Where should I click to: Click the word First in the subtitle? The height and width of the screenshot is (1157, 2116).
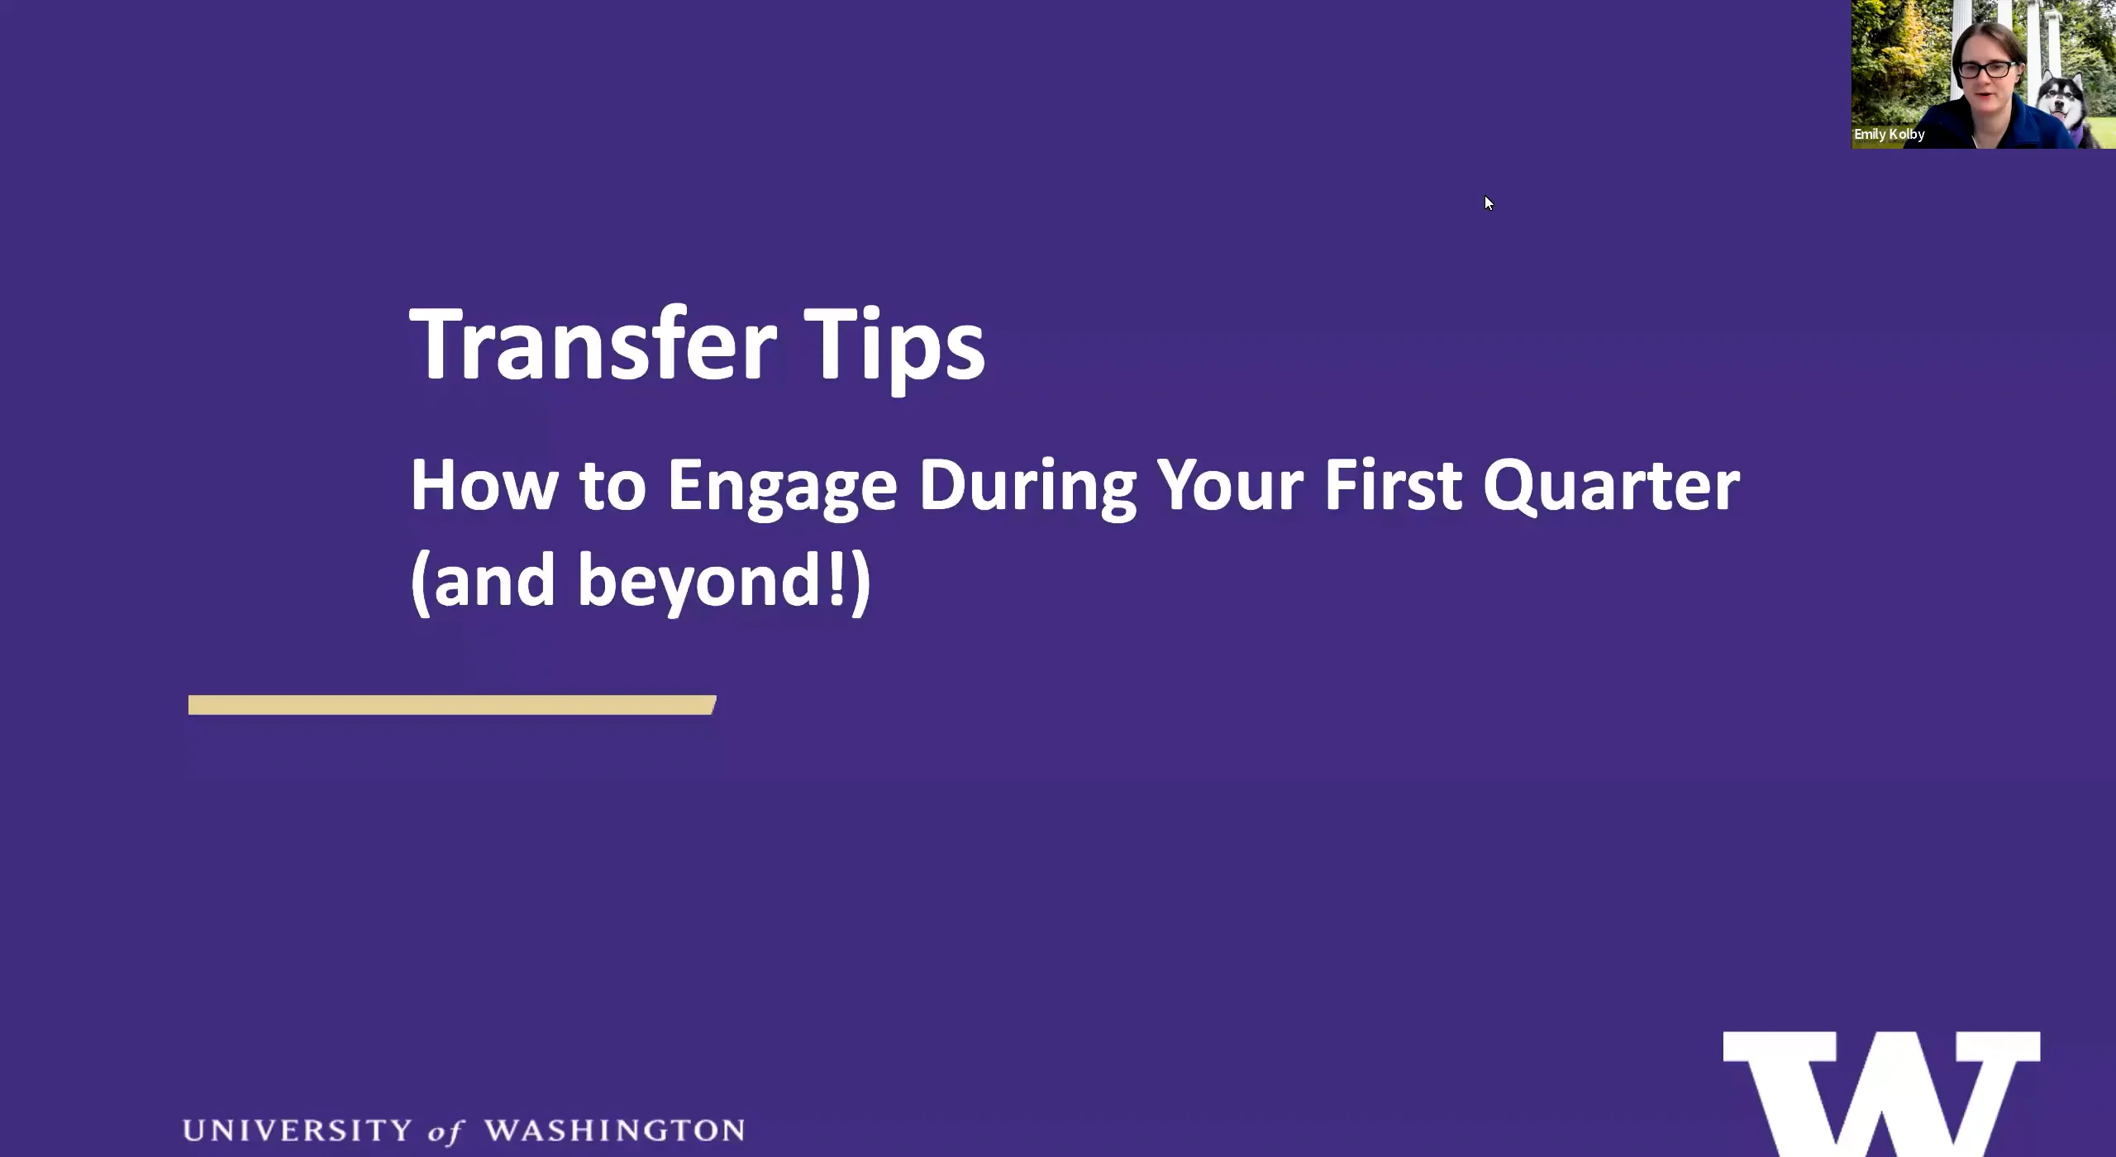point(1393,485)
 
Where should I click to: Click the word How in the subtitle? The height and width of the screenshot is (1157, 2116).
point(484,485)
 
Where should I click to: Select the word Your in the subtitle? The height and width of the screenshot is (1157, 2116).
point(1231,485)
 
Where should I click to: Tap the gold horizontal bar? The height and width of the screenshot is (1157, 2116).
point(451,705)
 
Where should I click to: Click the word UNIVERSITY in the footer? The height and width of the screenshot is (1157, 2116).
point(296,1131)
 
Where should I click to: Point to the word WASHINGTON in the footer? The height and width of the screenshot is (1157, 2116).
point(614,1131)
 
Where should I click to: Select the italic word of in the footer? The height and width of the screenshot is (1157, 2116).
point(446,1132)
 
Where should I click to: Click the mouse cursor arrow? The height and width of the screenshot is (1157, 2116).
point(1488,202)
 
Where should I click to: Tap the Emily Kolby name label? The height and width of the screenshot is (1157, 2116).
point(1889,134)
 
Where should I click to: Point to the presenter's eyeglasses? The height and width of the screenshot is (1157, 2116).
point(1985,69)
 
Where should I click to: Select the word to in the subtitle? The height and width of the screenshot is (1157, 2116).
point(612,487)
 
